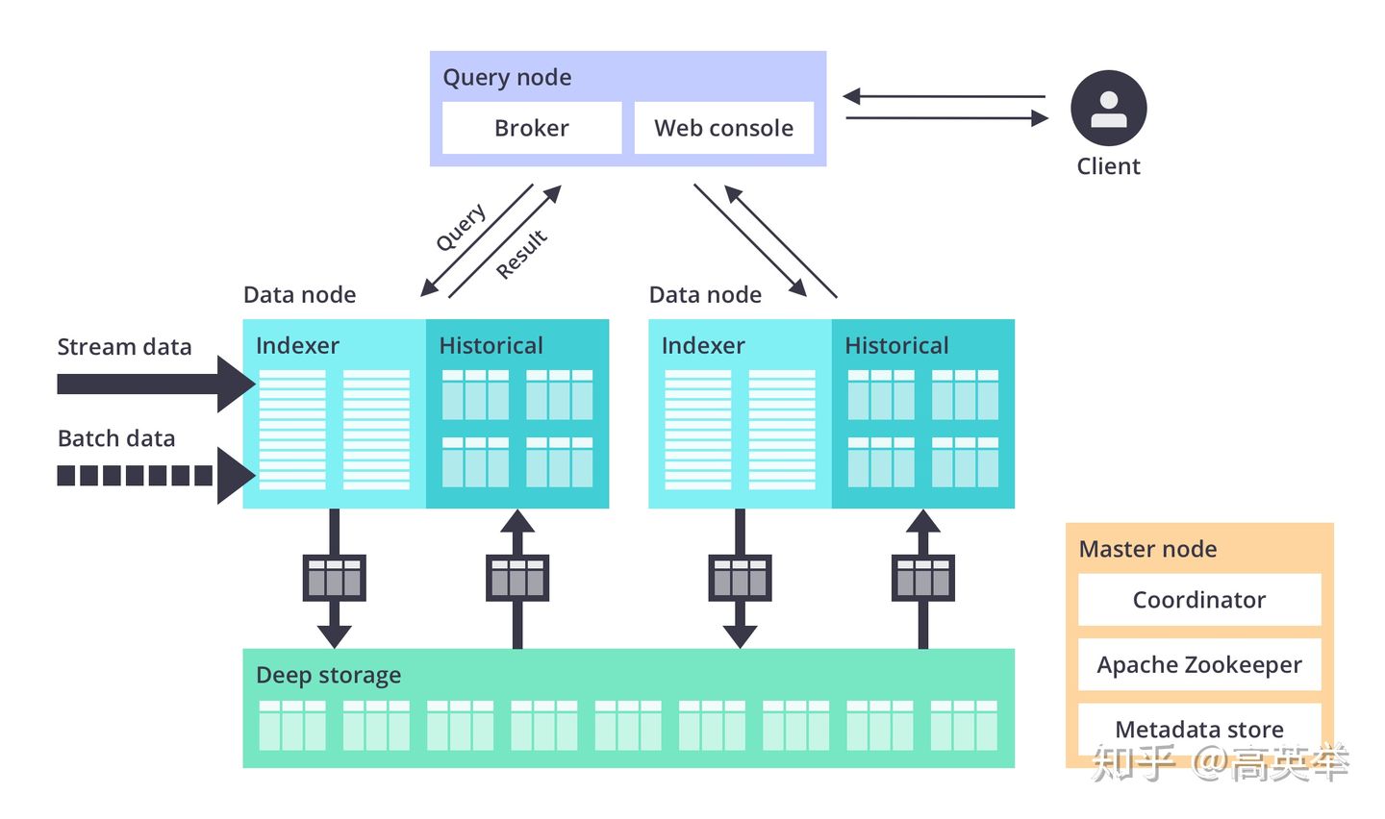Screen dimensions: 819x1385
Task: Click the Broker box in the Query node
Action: [531, 128]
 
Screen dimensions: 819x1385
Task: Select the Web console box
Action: [723, 128]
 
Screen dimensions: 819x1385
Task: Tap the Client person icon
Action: [1108, 108]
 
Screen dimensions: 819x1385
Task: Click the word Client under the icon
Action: [1108, 166]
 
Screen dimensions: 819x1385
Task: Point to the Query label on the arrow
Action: [461, 228]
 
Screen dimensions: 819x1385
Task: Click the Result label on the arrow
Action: [521, 254]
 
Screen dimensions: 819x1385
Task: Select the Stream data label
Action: [124, 347]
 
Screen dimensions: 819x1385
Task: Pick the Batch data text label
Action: [116, 438]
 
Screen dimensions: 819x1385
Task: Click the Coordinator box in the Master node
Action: [1198, 600]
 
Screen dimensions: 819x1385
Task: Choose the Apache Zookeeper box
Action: [1198, 664]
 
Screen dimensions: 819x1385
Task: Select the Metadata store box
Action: [1198, 729]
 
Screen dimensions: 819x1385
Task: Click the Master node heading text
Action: [1147, 549]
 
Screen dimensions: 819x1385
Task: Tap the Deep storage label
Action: [328, 675]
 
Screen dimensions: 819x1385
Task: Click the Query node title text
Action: [507, 77]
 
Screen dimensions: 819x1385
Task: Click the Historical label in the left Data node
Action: [491, 345]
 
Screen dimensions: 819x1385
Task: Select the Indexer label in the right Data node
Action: [703, 345]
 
